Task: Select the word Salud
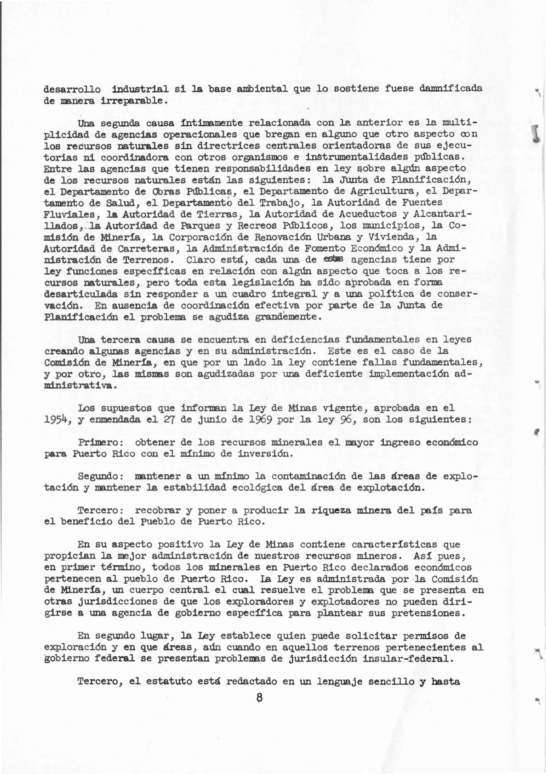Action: (x=123, y=203)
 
